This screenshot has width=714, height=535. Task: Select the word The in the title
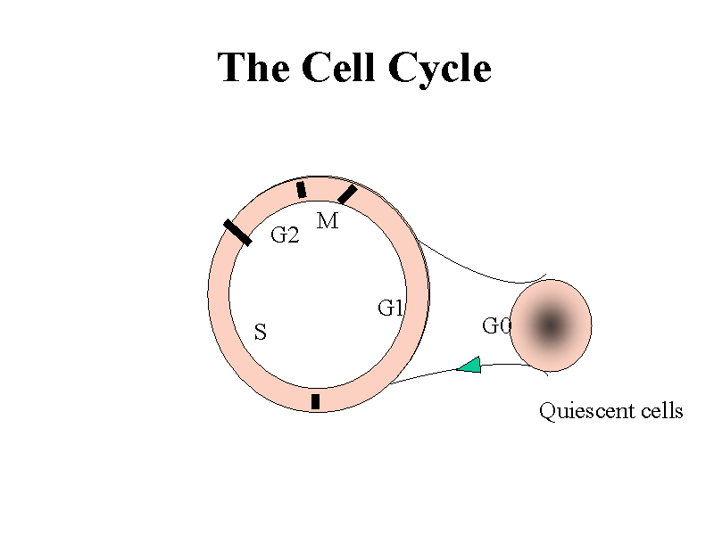[x=254, y=68]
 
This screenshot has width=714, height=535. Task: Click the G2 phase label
[x=284, y=236]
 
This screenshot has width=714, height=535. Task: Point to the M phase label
[x=328, y=221]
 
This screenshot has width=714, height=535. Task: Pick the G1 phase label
[x=391, y=309]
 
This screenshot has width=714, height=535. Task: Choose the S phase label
[x=261, y=333]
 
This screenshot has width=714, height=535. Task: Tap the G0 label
[x=496, y=326]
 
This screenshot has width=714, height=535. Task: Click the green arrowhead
[x=469, y=365]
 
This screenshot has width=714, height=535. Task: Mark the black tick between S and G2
[x=237, y=232]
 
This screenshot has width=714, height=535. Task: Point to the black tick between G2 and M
[x=302, y=189]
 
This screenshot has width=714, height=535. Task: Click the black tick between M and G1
[x=347, y=193]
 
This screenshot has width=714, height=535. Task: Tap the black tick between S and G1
[x=316, y=401]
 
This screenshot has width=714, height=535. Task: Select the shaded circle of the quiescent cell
[x=551, y=325]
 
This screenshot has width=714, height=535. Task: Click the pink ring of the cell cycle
[x=219, y=294]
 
